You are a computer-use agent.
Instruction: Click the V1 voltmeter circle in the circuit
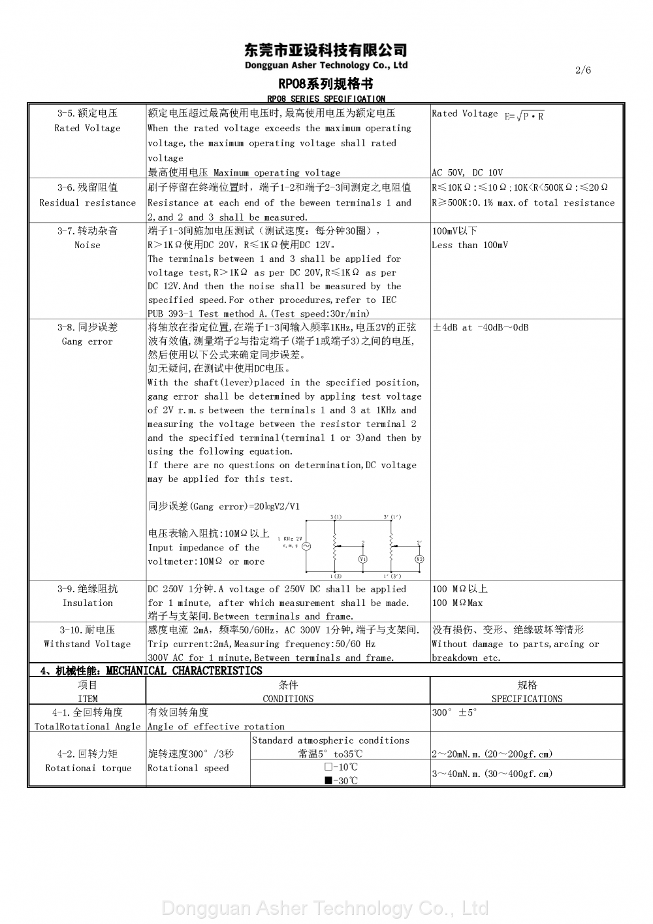click(x=363, y=559)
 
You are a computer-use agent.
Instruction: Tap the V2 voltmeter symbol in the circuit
click(x=419, y=559)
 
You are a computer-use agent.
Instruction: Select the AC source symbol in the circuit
click(x=304, y=546)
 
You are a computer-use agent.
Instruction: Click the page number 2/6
click(x=583, y=70)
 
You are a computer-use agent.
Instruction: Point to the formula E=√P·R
click(x=524, y=116)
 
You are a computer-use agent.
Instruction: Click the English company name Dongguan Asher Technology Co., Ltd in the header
click(x=326, y=65)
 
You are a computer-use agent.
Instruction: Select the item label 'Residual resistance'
click(x=88, y=202)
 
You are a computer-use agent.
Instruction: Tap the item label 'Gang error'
click(x=88, y=342)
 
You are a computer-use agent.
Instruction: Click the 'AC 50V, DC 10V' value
click(x=467, y=172)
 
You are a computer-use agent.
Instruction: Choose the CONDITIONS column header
click(x=288, y=699)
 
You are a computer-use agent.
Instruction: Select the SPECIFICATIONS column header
click(x=526, y=699)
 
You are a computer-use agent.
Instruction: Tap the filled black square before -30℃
click(x=328, y=780)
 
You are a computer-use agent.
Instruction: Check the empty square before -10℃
click(x=328, y=767)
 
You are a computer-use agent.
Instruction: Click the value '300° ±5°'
click(x=454, y=712)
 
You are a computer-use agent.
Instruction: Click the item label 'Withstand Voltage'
click(x=88, y=644)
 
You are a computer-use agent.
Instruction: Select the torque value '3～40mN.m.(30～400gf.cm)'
click(x=492, y=774)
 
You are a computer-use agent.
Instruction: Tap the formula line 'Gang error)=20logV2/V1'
click(x=225, y=506)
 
